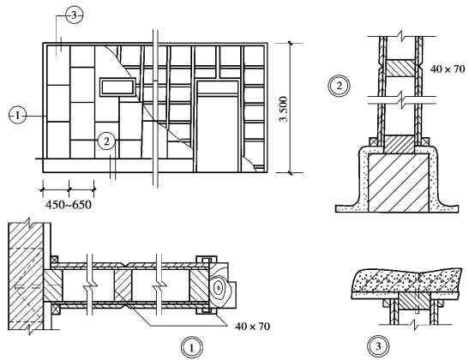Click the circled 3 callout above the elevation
pyautogui.click(x=74, y=15)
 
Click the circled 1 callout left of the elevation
pyautogui.click(x=18, y=116)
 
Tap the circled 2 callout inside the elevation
pyautogui.click(x=107, y=141)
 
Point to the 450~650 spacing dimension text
pyautogui.click(x=69, y=205)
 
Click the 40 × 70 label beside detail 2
pyautogui.click(x=448, y=69)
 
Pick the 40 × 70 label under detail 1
pyautogui.click(x=252, y=327)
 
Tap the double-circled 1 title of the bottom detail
pyautogui.click(x=192, y=348)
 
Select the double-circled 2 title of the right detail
pyautogui.click(x=340, y=86)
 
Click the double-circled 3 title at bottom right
pyautogui.click(x=378, y=346)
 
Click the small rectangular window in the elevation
pyautogui.click(x=117, y=87)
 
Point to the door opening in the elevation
pyautogui.click(x=218, y=134)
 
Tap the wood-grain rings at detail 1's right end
pyautogui.click(x=219, y=289)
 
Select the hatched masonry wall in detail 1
pyautogui.click(x=27, y=277)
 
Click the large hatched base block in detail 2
pyautogui.click(x=398, y=183)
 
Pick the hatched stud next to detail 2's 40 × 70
pyautogui.click(x=400, y=69)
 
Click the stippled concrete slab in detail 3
pyautogui.click(x=406, y=281)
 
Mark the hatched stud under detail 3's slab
pyautogui.click(x=414, y=303)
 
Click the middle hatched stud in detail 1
pyautogui.click(x=123, y=285)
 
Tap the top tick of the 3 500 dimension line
pyautogui.click(x=290, y=43)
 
